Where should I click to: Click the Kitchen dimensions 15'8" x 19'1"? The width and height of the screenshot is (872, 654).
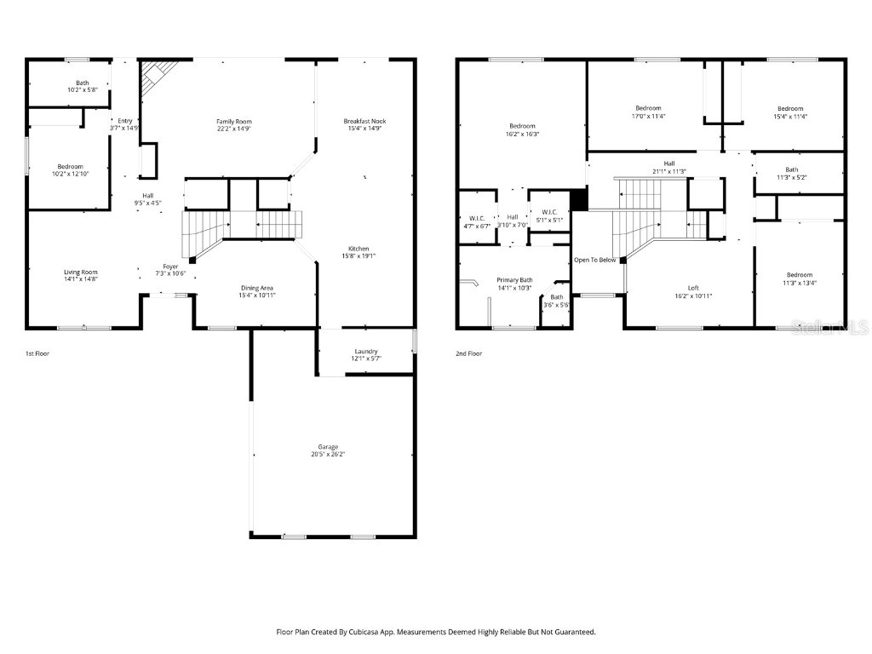tap(358, 255)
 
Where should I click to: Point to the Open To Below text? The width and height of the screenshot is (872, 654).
tap(594, 260)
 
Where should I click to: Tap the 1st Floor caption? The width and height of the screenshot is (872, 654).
tap(37, 353)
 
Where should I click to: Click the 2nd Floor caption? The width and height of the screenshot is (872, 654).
tap(468, 353)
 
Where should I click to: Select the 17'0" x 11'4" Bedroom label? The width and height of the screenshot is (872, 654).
tap(647, 112)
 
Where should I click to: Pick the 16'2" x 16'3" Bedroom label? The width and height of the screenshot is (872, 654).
tap(522, 129)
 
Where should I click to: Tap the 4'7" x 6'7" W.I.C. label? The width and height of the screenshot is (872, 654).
tap(476, 222)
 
